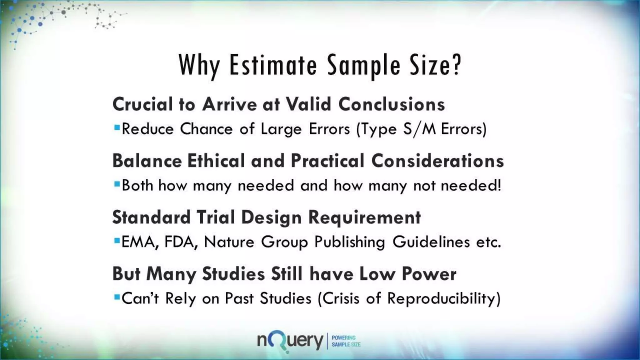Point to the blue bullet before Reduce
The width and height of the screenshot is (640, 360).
tap(117, 127)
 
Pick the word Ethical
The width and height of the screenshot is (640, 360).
tap(216, 161)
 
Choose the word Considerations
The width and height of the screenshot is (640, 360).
tap(437, 161)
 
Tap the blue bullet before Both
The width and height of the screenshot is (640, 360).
tap(117, 184)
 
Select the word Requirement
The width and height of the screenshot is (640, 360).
tap(364, 217)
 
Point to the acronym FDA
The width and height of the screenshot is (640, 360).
tap(181, 242)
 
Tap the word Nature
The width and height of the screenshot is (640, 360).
tap(229, 242)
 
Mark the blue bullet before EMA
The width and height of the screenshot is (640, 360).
tap(117, 241)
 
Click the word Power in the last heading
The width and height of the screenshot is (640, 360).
tap(429, 274)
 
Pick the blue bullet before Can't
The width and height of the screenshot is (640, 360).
tap(117, 297)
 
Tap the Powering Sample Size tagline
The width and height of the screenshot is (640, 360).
tap(346, 341)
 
